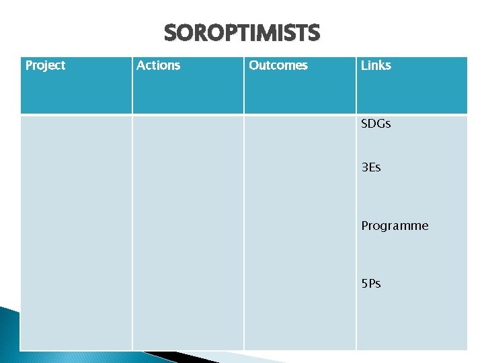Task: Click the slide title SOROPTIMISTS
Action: click(x=242, y=32)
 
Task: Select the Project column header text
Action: click(x=45, y=65)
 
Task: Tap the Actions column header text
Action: click(x=158, y=65)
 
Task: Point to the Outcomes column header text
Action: click(x=278, y=65)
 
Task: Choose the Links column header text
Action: click(x=376, y=65)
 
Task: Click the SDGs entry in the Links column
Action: click(x=376, y=124)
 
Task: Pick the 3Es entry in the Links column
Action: click(x=371, y=167)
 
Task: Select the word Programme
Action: click(x=395, y=226)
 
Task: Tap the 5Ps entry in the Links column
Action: click(x=371, y=284)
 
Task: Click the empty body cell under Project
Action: click(x=76, y=232)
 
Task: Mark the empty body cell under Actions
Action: click(x=188, y=232)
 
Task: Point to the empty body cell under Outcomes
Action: click(x=300, y=232)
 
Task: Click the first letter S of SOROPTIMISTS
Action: click(x=170, y=32)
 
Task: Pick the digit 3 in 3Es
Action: click(x=364, y=167)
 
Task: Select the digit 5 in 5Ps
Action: click(x=364, y=284)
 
